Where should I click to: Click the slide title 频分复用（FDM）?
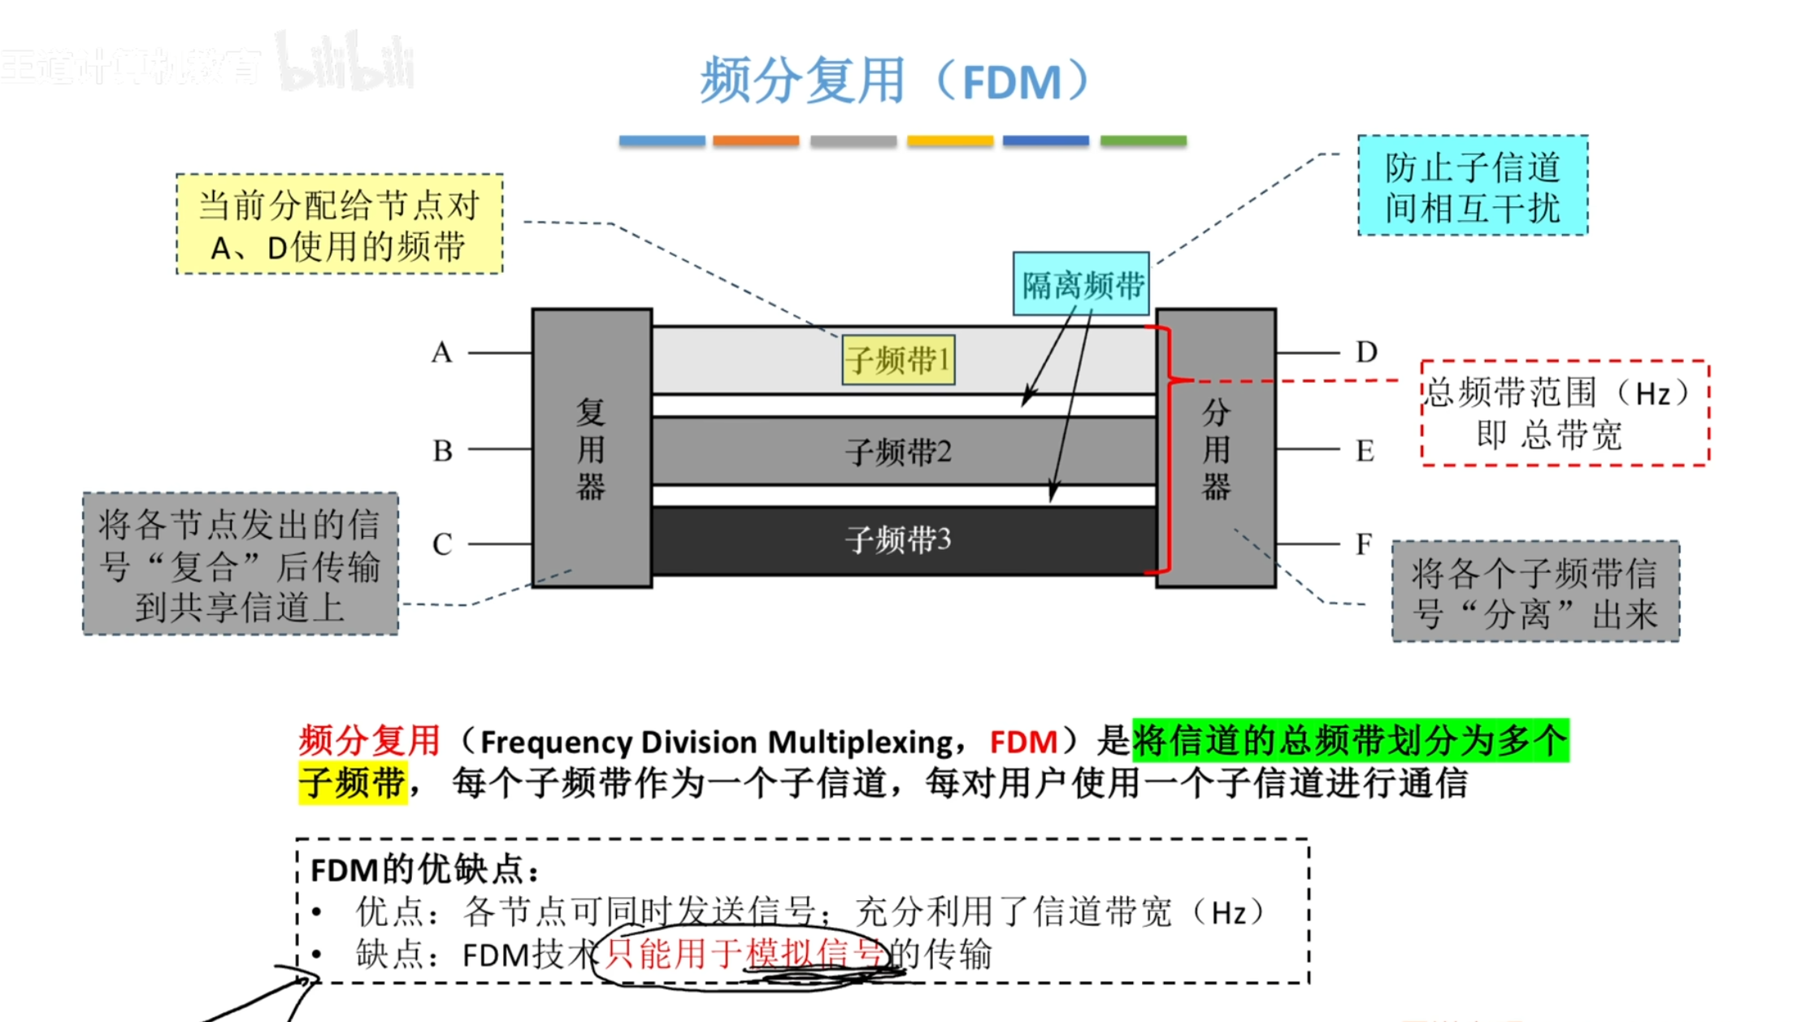[x=894, y=81]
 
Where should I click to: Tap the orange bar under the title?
[x=756, y=141]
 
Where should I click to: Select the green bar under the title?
[x=1143, y=141]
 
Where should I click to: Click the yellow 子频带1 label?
[x=898, y=360]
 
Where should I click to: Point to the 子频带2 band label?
[x=898, y=452]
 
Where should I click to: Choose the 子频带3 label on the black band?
[x=898, y=540]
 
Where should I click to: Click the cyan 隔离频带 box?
[x=1081, y=284]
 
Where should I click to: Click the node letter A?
[x=441, y=353]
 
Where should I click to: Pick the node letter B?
[x=442, y=450]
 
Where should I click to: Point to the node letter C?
[x=442, y=544]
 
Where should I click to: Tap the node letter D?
[x=1366, y=353]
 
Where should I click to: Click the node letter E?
[x=1365, y=450]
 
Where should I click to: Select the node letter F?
[x=1364, y=543]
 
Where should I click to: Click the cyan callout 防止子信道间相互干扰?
[x=1472, y=186]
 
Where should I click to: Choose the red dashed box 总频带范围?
[x=1565, y=414]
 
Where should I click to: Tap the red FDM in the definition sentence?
[x=1023, y=742]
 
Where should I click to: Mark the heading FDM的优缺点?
[x=424, y=870]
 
